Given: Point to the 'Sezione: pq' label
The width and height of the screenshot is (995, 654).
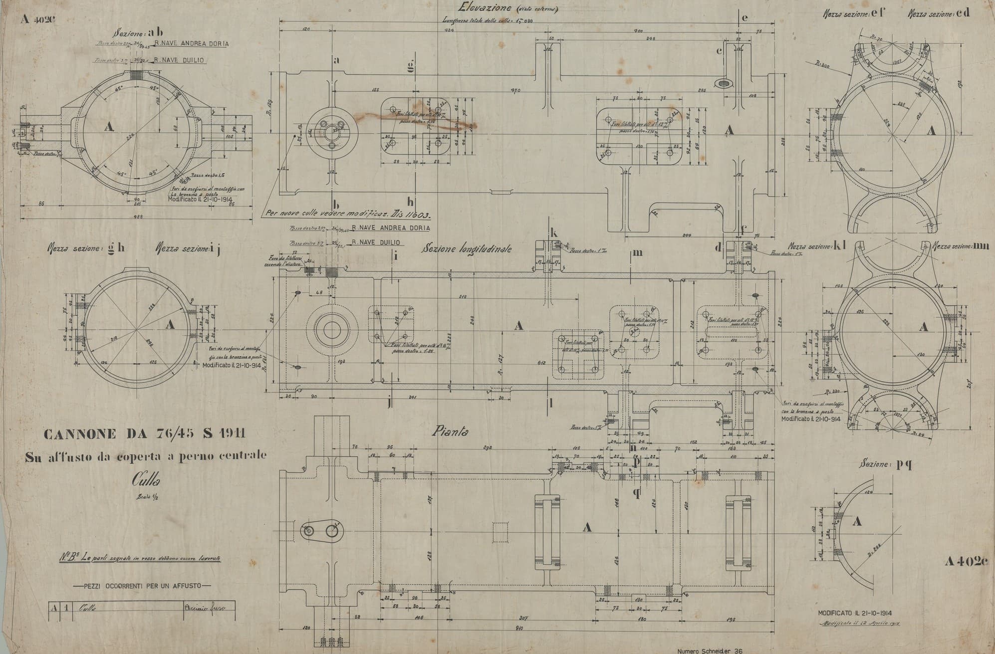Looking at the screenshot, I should [886, 465].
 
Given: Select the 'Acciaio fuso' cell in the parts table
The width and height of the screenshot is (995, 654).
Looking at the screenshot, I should [205, 608].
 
